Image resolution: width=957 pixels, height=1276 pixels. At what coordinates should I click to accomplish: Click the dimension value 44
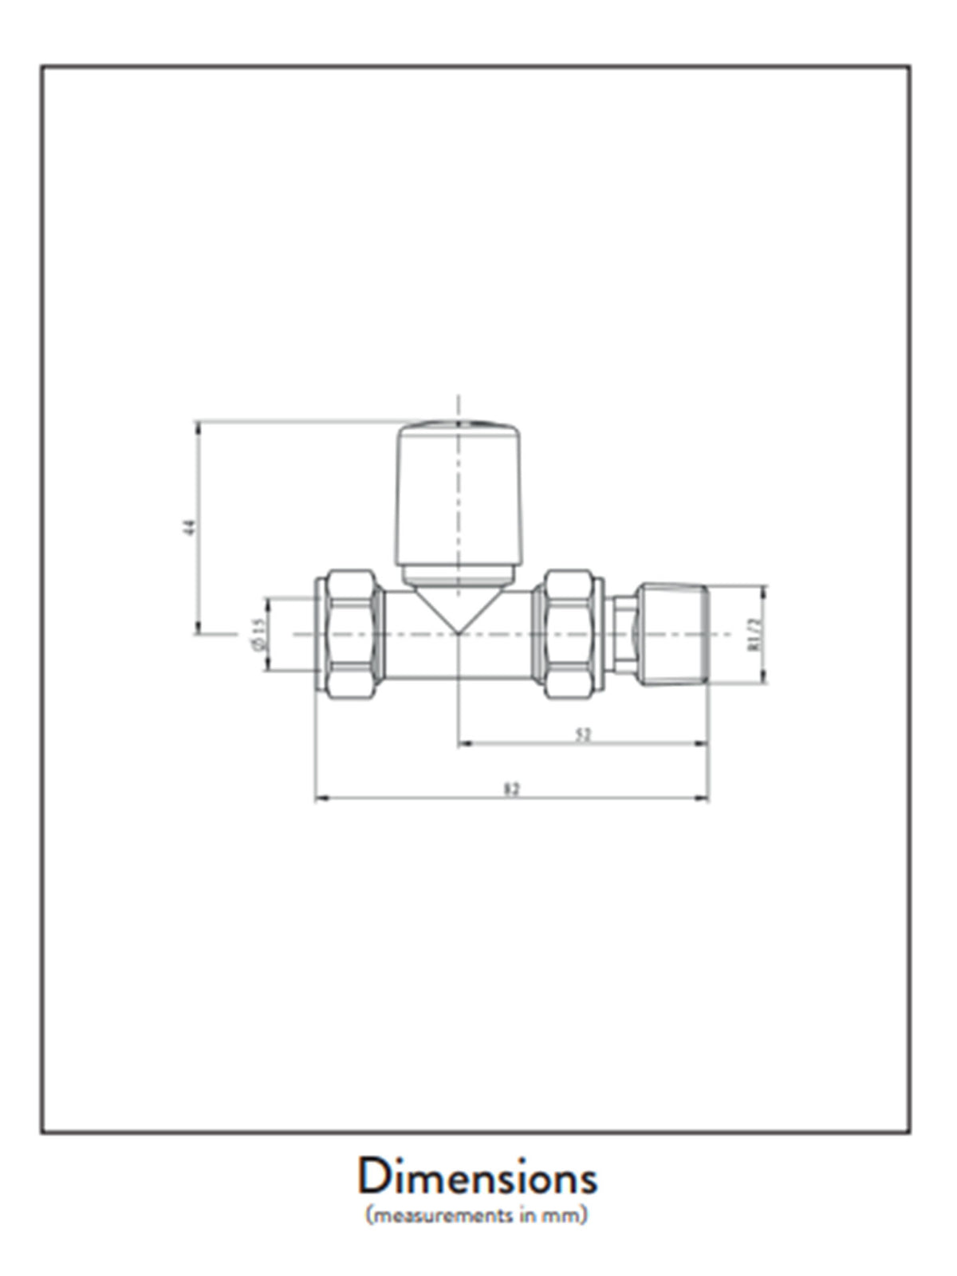click(190, 527)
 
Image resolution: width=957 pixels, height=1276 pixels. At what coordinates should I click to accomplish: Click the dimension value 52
click(583, 735)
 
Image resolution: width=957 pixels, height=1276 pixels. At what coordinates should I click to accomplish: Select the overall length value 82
click(512, 789)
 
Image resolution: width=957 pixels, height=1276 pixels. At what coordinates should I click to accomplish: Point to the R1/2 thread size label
click(752, 634)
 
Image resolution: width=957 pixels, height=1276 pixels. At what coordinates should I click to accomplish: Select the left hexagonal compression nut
click(351, 634)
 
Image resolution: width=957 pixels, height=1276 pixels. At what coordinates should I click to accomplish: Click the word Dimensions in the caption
click(477, 1178)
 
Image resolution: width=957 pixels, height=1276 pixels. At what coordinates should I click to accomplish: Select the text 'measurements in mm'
click(477, 1217)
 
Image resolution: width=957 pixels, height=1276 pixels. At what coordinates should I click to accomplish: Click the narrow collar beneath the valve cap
click(459, 572)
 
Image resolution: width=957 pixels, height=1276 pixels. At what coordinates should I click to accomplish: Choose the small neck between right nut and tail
click(624, 634)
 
